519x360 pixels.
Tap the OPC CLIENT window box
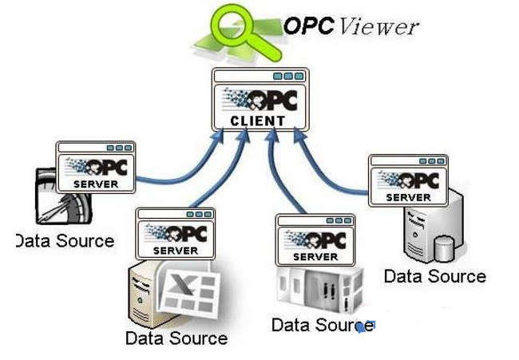tap(260, 101)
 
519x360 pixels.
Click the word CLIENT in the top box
tap(257, 121)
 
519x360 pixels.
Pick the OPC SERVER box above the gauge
tap(96, 166)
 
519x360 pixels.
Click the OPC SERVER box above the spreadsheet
tap(176, 232)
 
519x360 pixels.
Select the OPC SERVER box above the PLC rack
tap(315, 239)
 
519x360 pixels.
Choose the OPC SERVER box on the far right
tap(408, 180)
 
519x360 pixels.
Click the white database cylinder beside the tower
tap(443, 249)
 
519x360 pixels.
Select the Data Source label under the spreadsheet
tap(176, 338)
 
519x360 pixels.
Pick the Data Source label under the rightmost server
tap(434, 276)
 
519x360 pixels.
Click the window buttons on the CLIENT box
tap(288, 77)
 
